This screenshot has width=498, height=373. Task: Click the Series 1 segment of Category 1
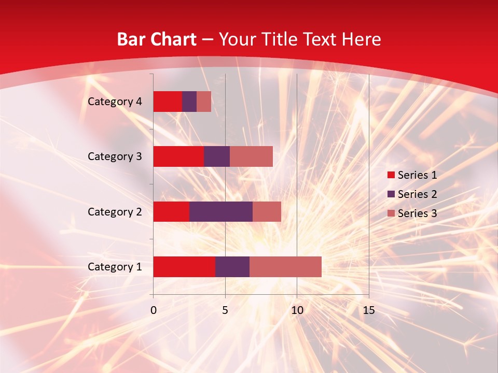click(184, 267)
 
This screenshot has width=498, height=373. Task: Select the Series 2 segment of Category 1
click(232, 267)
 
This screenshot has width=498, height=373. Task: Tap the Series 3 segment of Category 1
click(285, 267)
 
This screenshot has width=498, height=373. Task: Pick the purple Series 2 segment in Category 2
click(221, 211)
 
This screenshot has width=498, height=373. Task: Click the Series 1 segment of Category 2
click(171, 211)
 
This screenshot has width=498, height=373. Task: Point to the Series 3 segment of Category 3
click(251, 156)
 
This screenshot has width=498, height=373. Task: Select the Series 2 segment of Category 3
click(217, 156)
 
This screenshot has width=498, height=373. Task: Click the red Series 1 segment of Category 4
click(168, 102)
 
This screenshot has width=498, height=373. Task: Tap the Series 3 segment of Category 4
click(204, 102)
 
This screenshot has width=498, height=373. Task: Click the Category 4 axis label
click(115, 102)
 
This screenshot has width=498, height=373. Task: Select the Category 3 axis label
click(115, 156)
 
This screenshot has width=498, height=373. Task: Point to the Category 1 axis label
click(115, 267)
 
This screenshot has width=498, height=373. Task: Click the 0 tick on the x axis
click(154, 310)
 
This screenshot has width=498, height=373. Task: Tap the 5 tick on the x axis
click(225, 310)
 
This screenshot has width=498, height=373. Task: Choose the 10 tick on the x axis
click(297, 310)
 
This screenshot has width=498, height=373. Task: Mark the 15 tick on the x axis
click(368, 310)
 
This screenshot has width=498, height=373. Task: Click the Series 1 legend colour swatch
click(391, 175)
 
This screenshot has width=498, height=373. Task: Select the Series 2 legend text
click(417, 194)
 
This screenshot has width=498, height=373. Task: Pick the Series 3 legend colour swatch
click(391, 213)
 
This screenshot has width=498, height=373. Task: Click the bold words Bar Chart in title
click(156, 39)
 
